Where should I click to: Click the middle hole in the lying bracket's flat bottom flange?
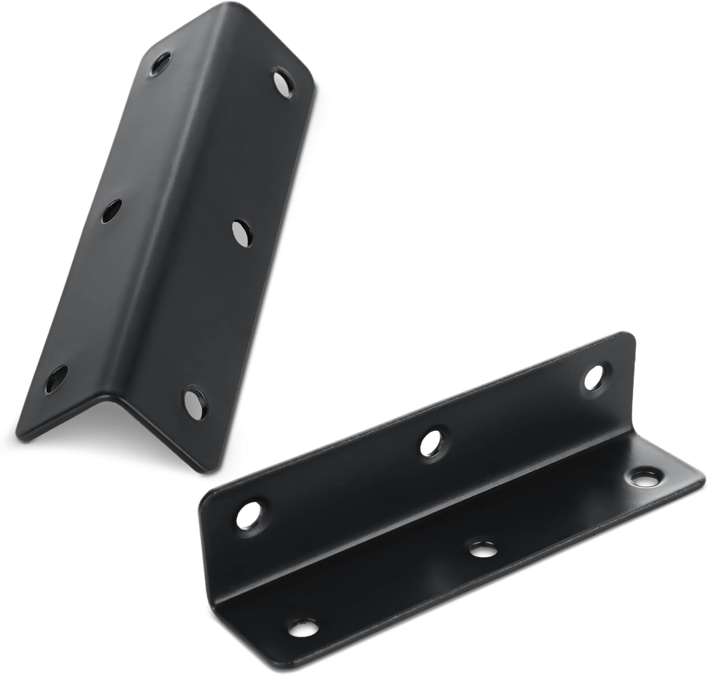(x=480, y=549)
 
